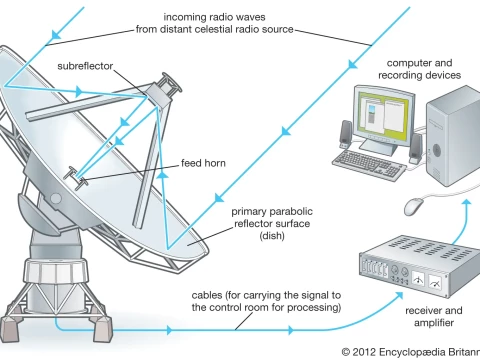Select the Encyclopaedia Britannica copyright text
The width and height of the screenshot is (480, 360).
410,351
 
